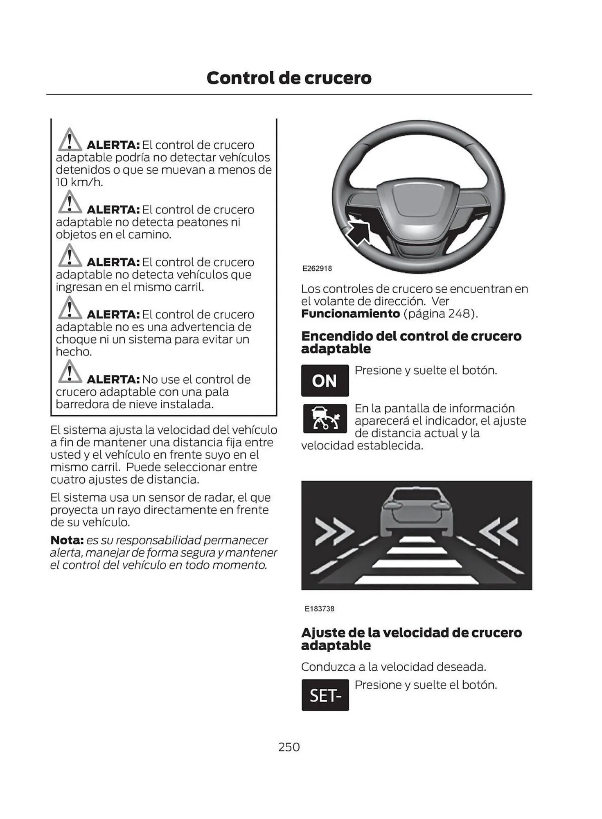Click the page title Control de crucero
click(289, 78)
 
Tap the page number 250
click(289, 747)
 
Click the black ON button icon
click(325, 381)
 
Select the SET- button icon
click(325, 695)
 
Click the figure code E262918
click(317, 269)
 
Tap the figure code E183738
click(319, 609)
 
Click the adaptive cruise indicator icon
click(325, 419)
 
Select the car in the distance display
click(416, 513)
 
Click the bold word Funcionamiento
click(350, 314)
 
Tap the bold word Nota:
click(67, 540)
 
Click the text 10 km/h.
click(79, 182)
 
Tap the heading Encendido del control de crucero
click(411, 336)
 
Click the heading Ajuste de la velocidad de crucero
click(411, 633)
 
